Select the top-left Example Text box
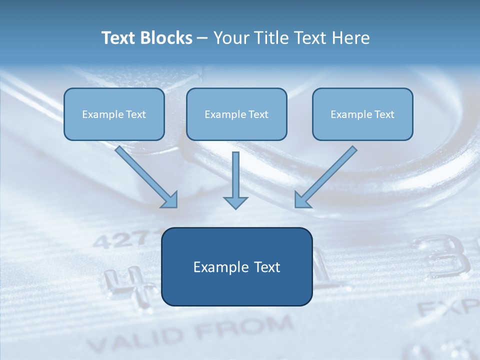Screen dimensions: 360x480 coord(114,114)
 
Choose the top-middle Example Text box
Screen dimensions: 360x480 coord(236,114)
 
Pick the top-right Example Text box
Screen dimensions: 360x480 coord(362,114)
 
